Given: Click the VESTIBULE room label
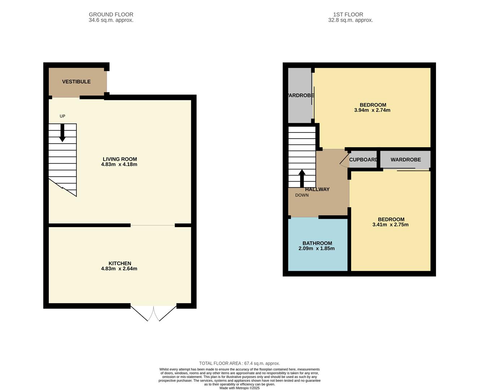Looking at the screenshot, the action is coord(76,82).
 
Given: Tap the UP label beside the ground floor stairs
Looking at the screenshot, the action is coord(62,116).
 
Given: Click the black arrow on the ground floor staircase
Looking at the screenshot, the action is coord(62,133).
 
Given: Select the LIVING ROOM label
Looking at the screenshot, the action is coord(120,159).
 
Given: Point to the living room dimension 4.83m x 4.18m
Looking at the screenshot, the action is coord(119,164).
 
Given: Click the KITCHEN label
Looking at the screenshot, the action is coord(120,263).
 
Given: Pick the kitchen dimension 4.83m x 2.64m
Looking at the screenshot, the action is coord(119,269).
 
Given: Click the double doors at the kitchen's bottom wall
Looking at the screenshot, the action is coord(154,313).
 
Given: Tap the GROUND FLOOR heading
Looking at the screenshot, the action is coord(111,14).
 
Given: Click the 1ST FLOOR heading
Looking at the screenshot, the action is coord(348,14).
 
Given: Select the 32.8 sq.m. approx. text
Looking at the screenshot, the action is coord(350,20).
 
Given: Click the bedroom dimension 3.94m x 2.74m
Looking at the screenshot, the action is coord(372,110).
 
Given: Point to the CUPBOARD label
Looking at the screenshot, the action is coord(363,160).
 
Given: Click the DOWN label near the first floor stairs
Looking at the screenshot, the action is coord(302,195).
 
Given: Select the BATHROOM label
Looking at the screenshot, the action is coord(317,243).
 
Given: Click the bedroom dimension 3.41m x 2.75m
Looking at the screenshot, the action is coord(391,225).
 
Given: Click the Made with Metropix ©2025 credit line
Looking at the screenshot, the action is coord(240,388).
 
